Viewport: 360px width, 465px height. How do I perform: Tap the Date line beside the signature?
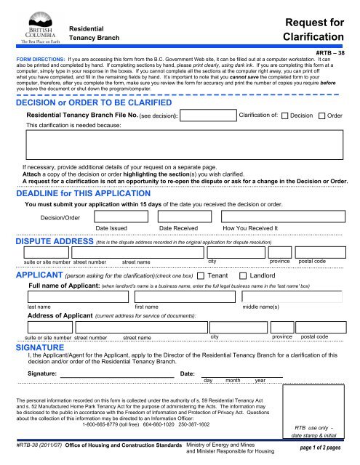pos(240,375)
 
